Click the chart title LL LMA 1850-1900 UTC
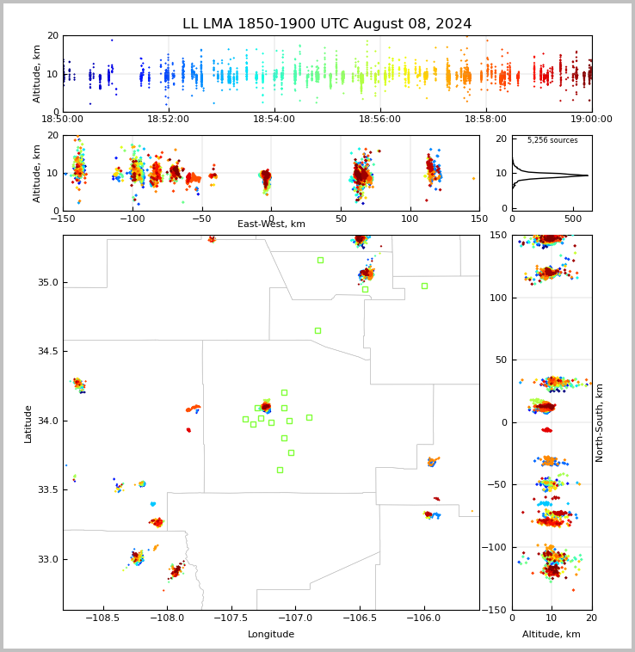pyautogui.click(x=267, y=24)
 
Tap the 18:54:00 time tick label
pyautogui.click(x=274, y=119)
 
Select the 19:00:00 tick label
pyautogui.click(x=591, y=119)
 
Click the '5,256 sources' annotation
pyautogui.click(x=552, y=140)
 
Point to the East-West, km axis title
pyautogui.click(x=271, y=224)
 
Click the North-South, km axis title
pyautogui.click(x=599, y=422)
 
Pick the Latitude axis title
pyautogui.click(x=28, y=424)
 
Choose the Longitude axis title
pyautogui.click(x=271, y=634)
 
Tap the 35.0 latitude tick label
pyautogui.click(x=48, y=282)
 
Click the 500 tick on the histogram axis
pyautogui.click(x=573, y=218)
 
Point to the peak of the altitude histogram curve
pyautogui.click(x=588, y=175)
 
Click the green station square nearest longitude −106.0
pyautogui.click(x=424, y=286)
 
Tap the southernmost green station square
pyautogui.click(x=281, y=470)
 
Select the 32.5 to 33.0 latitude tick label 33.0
pyautogui.click(x=48, y=559)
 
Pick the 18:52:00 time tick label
pyautogui.click(x=168, y=119)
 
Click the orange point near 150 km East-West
pyautogui.click(x=473, y=178)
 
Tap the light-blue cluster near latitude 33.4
pyautogui.click(x=153, y=504)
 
